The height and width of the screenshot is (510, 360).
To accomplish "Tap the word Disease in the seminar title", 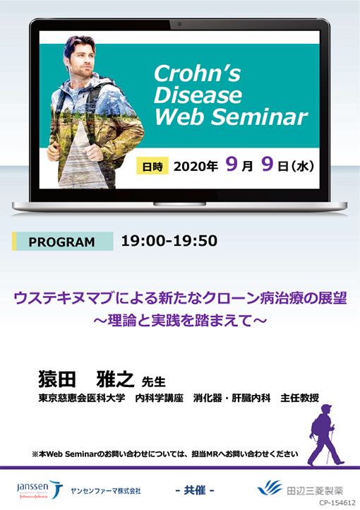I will [198, 95].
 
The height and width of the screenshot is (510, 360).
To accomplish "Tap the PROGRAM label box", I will [62, 242].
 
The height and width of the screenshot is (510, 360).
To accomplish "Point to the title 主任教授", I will [299, 398].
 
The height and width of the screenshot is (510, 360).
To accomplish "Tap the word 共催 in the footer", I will [194, 490].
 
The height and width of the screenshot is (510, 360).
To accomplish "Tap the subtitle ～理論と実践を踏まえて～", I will [179, 319].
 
